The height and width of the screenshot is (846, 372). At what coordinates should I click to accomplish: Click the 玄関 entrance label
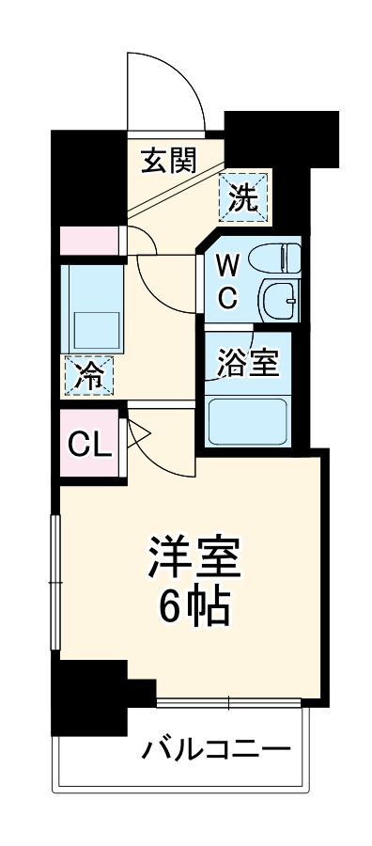tap(169, 163)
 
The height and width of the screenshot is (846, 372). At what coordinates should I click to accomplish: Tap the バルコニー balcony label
tap(214, 751)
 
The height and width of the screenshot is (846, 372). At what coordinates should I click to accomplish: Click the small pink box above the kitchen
tap(90, 241)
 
